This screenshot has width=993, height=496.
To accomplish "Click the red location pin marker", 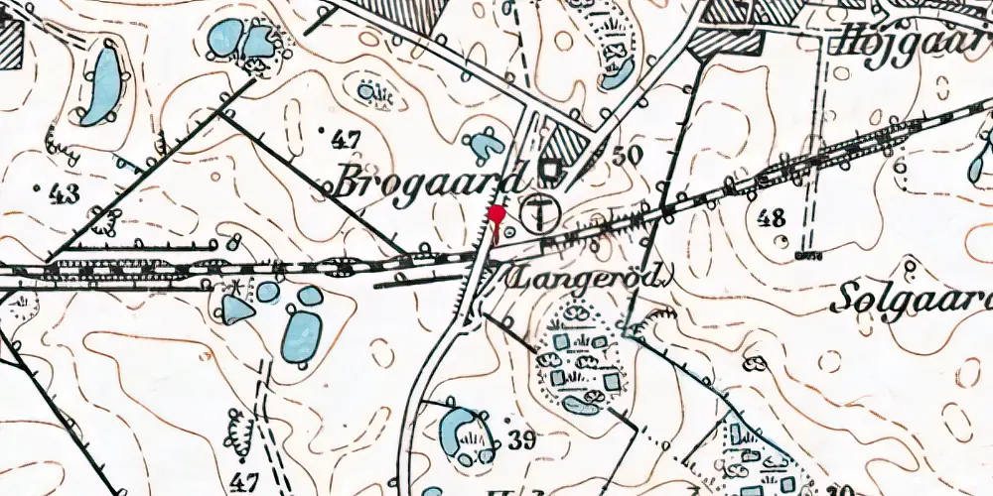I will click(496, 215).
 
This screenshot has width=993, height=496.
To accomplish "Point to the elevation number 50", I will click(628, 155).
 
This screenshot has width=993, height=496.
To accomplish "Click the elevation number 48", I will click(772, 217).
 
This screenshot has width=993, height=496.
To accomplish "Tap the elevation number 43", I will click(61, 193).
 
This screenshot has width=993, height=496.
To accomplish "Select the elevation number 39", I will click(520, 437).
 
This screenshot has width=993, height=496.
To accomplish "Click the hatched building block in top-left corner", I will click(10, 46).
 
